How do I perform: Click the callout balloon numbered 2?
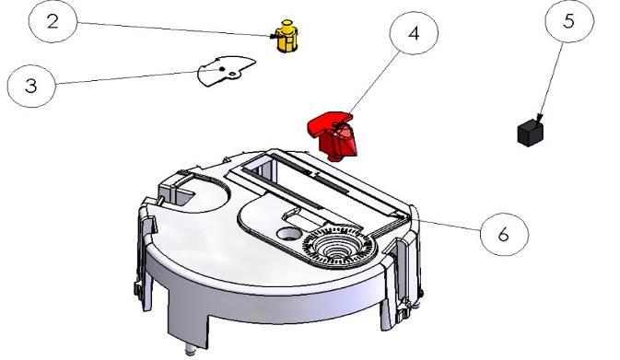53,21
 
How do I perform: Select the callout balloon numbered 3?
31,86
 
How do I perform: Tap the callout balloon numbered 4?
414,33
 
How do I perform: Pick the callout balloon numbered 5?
569,20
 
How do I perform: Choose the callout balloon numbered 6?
504,235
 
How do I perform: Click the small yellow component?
287,36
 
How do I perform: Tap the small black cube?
530,134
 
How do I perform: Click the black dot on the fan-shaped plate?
222,69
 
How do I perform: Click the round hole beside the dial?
289,234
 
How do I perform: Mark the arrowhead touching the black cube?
539,118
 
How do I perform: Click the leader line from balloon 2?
174,29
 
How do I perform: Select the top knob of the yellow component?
287,24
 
